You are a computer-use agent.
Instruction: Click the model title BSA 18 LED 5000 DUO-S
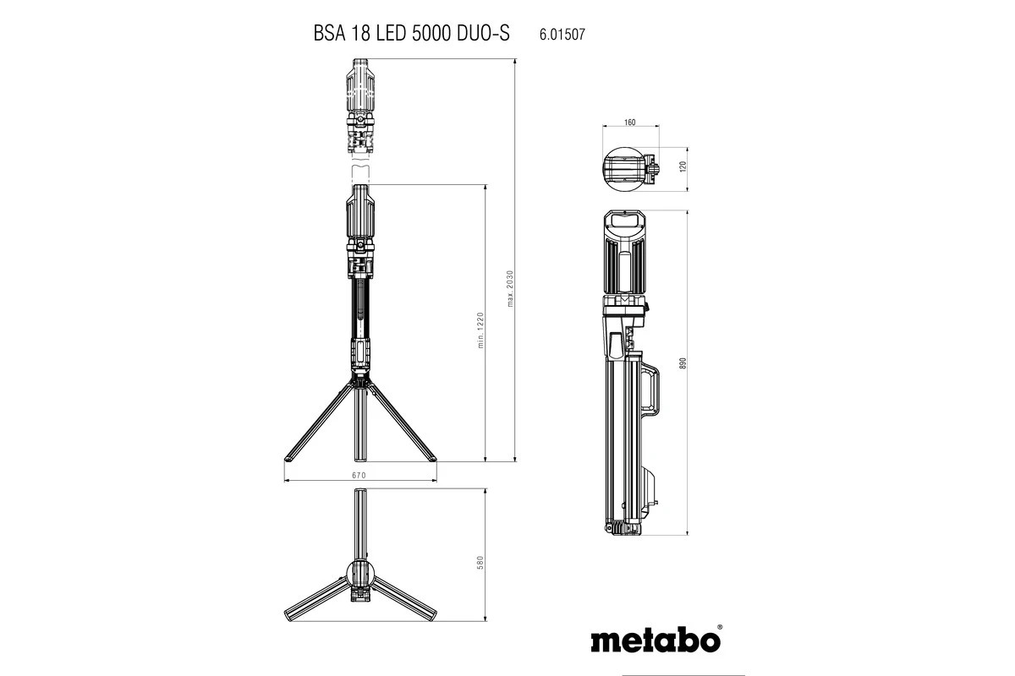[411, 34]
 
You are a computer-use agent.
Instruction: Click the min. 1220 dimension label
[479, 330]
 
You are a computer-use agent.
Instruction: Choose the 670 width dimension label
[359, 476]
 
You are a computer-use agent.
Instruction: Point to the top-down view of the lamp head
[630, 170]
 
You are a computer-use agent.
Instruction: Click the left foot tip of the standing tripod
[288, 459]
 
